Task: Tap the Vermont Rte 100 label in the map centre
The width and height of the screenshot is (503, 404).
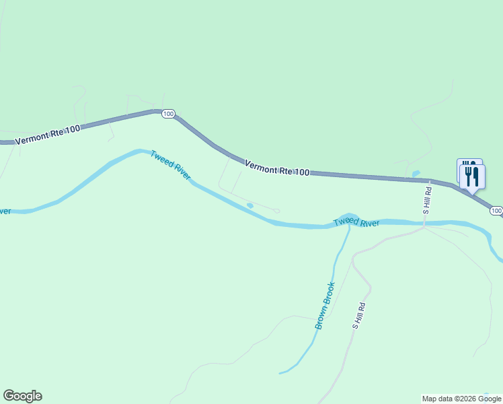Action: tap(276, 168)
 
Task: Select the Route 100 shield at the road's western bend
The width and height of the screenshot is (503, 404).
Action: tap(168, 114)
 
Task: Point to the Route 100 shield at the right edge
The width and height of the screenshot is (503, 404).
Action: tap(496, 211)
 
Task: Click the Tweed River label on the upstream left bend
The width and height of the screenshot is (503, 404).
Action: tap(170, 164)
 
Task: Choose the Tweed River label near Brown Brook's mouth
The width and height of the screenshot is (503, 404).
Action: tap(356, 222)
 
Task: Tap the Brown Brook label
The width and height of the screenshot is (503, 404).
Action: tap(325, 305)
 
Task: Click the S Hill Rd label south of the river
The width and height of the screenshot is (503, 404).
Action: tap(359, 315)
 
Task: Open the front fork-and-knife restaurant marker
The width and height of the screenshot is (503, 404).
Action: tap(473, 178)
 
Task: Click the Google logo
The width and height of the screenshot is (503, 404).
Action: tap(22, 396)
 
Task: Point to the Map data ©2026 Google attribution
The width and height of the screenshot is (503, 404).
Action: tap(461, 399)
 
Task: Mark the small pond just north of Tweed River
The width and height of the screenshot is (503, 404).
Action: tap(250, 205)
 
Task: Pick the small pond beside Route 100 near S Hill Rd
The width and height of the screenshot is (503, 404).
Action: tap(416, 174)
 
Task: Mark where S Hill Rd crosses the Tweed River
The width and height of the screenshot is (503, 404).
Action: tap(425, 223)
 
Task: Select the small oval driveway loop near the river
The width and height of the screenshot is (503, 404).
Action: tap(276, 211)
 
